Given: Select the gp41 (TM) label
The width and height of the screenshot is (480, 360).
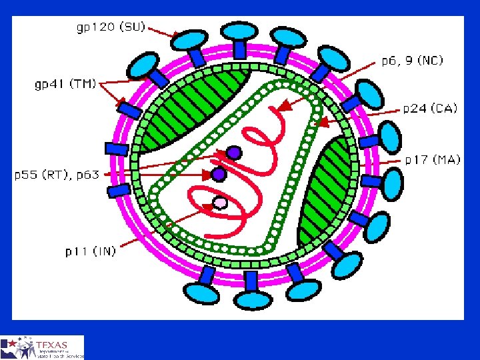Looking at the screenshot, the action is click(x=66, y=85).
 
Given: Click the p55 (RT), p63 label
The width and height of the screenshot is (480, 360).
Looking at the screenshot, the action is click(x=57, y=175).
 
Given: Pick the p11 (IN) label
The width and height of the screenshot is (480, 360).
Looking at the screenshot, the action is click(x=91, y=251).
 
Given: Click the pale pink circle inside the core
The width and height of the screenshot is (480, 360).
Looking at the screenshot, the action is click(x=221, y=202).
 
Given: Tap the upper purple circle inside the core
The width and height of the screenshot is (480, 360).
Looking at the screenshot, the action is click(x=233, y=153).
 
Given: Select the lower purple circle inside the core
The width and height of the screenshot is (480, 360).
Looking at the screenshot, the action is click(x=218, y=174).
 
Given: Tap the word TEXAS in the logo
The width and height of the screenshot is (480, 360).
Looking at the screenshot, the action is click(x=54, y=344).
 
